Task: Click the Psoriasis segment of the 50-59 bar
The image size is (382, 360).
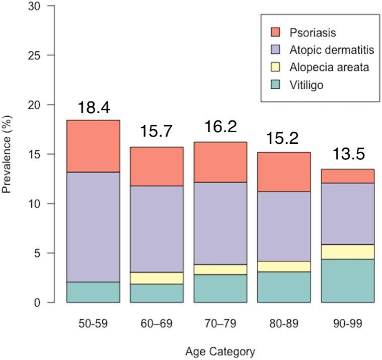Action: [x=93, y=146]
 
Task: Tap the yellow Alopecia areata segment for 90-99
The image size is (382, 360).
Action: [x=347, y=252]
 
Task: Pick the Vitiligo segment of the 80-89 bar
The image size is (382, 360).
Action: [x=284, y=287]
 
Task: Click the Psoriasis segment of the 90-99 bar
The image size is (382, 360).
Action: [x=347, y=176]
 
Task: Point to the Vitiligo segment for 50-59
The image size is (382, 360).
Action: [x=93, y=292]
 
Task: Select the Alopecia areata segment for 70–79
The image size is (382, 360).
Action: [x=220, y=269]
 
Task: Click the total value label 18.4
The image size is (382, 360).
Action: [x=93, y=108]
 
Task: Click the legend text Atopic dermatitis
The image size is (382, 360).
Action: [x=322, y=50]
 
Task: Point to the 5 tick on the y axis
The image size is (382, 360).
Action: [x=36, y=253]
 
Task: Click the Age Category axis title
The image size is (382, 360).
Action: [x=220, y=351]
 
